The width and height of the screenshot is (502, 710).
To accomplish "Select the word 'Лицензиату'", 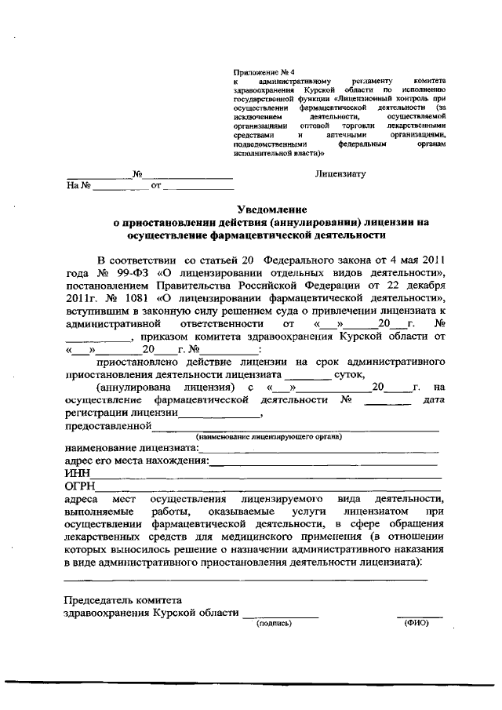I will click(340, 173).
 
